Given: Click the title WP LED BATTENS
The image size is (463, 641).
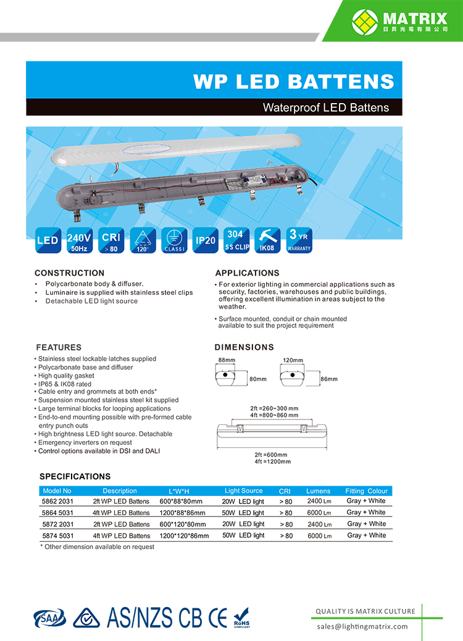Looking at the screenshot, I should click(x=293, y=81).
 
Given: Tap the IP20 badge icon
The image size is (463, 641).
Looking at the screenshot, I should click(x=205, y=241).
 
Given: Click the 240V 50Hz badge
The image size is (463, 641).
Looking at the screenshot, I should click(x=79, y=241).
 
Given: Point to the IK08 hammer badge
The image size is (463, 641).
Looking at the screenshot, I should click(x=268, y=241).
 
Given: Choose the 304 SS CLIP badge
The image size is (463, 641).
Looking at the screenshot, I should click(x=235, y=241).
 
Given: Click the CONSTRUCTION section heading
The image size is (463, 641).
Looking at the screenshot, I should click(x=69, y=273).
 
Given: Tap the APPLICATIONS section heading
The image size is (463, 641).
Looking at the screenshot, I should click(x=247, y=273).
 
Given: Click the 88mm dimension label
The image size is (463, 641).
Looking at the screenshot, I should click(x=227, y=360).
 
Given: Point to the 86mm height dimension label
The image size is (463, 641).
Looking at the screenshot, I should click(x=329, y=379).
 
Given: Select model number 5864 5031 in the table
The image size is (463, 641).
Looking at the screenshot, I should click(x=57, y=513).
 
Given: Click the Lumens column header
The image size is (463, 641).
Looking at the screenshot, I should click(x=319, y=491).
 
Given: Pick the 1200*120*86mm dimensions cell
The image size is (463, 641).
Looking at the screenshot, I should click(x=184, y=536).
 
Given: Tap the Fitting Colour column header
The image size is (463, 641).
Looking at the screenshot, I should click(x=366, y=491).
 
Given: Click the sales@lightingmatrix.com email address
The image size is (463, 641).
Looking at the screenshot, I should click(x=362, y=626).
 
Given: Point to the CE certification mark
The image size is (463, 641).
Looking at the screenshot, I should click(x=218, y=617).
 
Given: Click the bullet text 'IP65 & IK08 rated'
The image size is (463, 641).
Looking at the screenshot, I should click(x=65, y=384).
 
